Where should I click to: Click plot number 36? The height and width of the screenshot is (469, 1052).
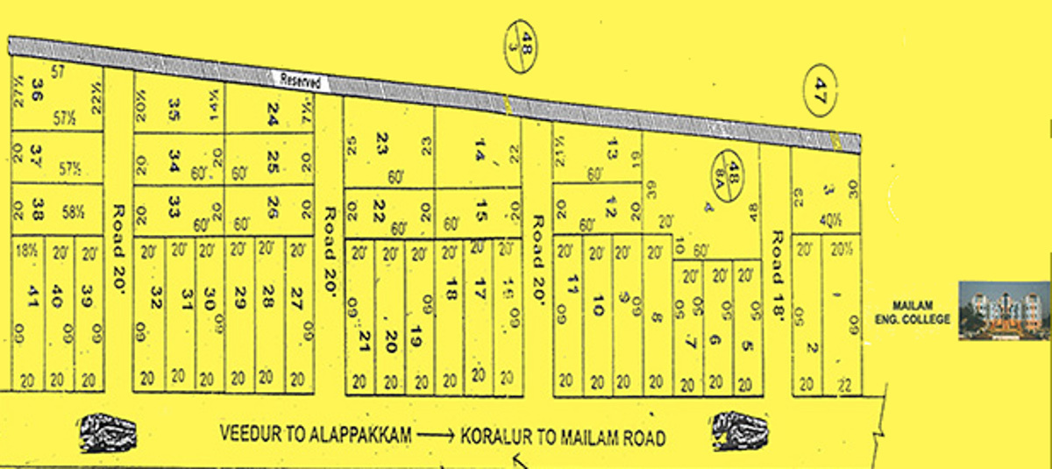[36, 89]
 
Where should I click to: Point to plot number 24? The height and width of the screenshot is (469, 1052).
[272, 111]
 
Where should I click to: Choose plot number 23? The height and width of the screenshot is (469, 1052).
[381, 141]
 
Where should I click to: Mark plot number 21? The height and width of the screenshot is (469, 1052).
[360, 336]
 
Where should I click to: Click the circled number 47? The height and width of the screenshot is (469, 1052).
[821, 89]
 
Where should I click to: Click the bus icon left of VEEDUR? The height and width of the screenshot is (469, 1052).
[109, 433]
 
